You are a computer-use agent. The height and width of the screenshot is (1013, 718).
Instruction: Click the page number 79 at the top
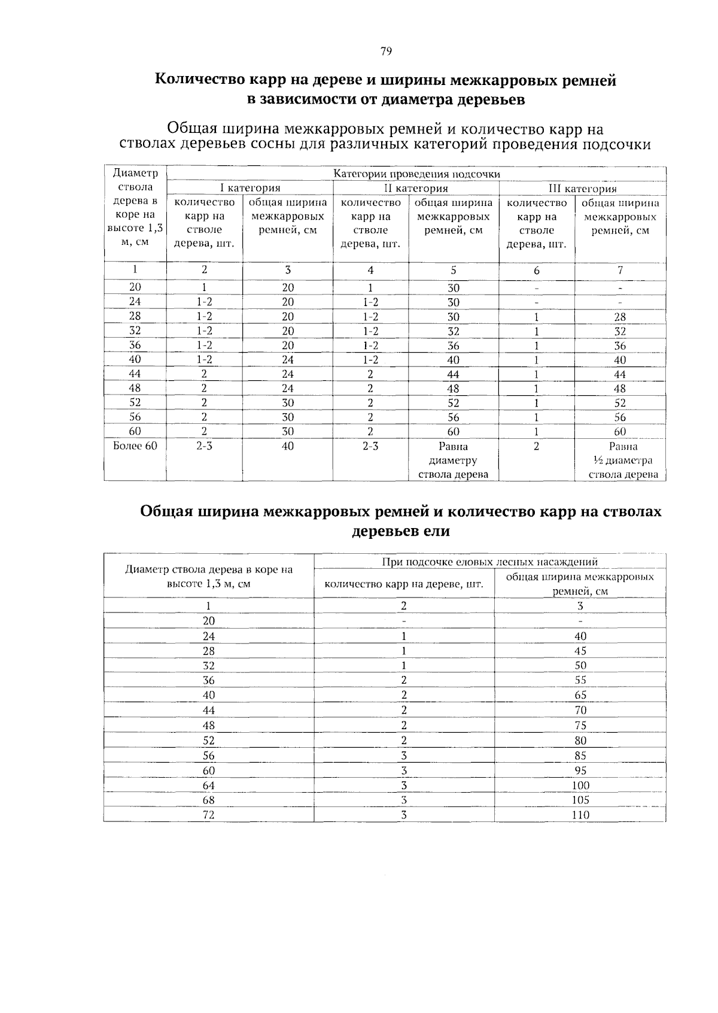coord(386,51)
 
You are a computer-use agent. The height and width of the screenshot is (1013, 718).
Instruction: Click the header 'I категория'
coord(250,189)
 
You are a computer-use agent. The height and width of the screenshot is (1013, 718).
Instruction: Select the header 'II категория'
coord(416,189)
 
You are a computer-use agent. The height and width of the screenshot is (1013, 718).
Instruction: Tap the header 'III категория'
coord(582,189)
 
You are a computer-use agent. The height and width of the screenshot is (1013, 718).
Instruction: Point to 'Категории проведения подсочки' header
coord(416,174)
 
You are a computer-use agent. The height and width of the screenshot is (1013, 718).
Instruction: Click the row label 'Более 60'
coord(135,446)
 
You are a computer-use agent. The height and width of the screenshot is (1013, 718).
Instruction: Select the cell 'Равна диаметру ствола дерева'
coord(453,460)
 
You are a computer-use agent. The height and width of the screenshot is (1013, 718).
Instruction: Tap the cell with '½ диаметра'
coord(620,460)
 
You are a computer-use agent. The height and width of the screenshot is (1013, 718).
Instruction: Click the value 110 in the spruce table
coord(580,815)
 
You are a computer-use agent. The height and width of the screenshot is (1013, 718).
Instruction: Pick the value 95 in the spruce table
coord(580,771)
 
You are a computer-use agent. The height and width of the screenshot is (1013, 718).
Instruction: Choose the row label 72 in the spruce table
coord(208,815)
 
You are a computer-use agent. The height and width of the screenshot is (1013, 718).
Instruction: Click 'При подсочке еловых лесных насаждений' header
coord(489,562)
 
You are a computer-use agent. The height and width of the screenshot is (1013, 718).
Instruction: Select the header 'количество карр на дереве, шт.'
coord(403,584)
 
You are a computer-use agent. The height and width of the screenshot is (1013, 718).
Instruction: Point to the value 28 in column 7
coord(620,317)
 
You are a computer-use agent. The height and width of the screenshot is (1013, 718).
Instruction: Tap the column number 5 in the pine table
coord(454,271)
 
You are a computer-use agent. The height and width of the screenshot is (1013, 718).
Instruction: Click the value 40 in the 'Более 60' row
coord(287,447)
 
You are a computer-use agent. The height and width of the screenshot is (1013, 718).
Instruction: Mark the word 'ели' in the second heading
coord(437,531)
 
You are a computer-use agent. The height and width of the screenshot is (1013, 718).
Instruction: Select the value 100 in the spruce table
coord(580,785)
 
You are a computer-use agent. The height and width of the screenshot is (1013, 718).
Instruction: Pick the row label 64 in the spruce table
coord(208,785)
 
